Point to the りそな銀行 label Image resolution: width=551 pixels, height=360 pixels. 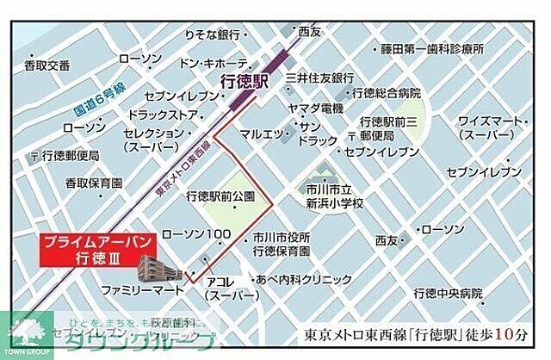[211, 34]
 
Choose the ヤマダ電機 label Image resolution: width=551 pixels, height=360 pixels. [316, 108]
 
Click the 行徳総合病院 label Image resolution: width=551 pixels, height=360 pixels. [386, 92]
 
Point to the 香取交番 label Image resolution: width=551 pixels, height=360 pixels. [47, 65]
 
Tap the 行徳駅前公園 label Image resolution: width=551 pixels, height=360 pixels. [221, 196]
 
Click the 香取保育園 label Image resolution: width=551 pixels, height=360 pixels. [94, 183]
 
